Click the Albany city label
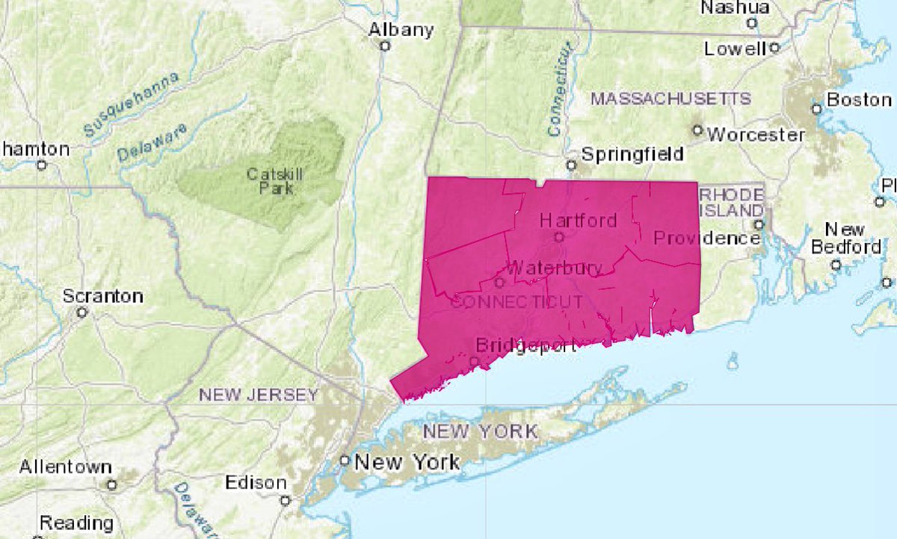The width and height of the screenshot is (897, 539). click(x=401, y=29)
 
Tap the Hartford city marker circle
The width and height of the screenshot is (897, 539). click(x=558, y=237)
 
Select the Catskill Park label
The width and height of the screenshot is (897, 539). click(x=271, y=180)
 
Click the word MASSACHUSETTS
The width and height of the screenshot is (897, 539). click(x=671, y=99)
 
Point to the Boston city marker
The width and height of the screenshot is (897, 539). click(x=817, y=109)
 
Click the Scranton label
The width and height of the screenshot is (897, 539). click(x=103, y=295)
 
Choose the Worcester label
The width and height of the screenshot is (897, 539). click(x=756, y=135)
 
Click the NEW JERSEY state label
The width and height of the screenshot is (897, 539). click(x=259, y=395)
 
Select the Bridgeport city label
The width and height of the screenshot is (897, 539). click(x=526, y=345)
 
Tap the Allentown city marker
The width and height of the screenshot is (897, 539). click(x=111, y=484)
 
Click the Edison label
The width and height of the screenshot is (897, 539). click(x=256, y=482)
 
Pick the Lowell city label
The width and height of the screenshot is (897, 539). click(x=735, y=49)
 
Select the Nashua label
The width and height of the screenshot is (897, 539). click(x=734, y=7)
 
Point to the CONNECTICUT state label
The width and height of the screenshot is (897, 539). click(x=516, y=301)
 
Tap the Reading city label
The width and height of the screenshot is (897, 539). click(x=76, y=523)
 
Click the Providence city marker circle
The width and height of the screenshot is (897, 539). click(x=759, y=224)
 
